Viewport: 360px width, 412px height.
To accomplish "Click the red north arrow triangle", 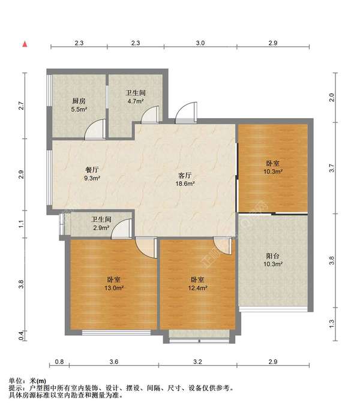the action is coord(25,44).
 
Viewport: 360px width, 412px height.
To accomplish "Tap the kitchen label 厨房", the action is coord(79,101).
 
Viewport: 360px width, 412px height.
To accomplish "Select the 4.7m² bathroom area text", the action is coord(136,101).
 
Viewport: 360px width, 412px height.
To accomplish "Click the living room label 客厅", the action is coord(185,175).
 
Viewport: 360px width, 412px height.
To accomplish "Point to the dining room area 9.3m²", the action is coord(92,178).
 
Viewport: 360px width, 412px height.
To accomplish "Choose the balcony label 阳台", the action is coord(272,255).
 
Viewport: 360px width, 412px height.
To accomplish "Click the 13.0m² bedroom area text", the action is coord(114,288).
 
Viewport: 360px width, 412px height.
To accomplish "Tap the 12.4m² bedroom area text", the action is coord(197,288).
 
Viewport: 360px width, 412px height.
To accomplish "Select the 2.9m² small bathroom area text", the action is coord(101,228).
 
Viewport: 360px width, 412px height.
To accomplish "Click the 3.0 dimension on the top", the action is coord(200,43).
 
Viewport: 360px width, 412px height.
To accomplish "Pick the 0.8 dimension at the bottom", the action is coord(59,362).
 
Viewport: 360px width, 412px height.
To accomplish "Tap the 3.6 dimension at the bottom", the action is coord(114,362).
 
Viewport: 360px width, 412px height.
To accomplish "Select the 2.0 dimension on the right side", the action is coord(332,98).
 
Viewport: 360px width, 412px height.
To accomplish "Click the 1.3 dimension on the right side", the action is coord(332,323).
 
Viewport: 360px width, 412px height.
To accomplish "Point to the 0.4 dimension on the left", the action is coord(22,336).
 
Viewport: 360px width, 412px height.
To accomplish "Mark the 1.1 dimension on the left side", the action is coord(22,224).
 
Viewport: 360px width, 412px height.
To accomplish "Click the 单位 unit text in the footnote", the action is coord(16,381).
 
